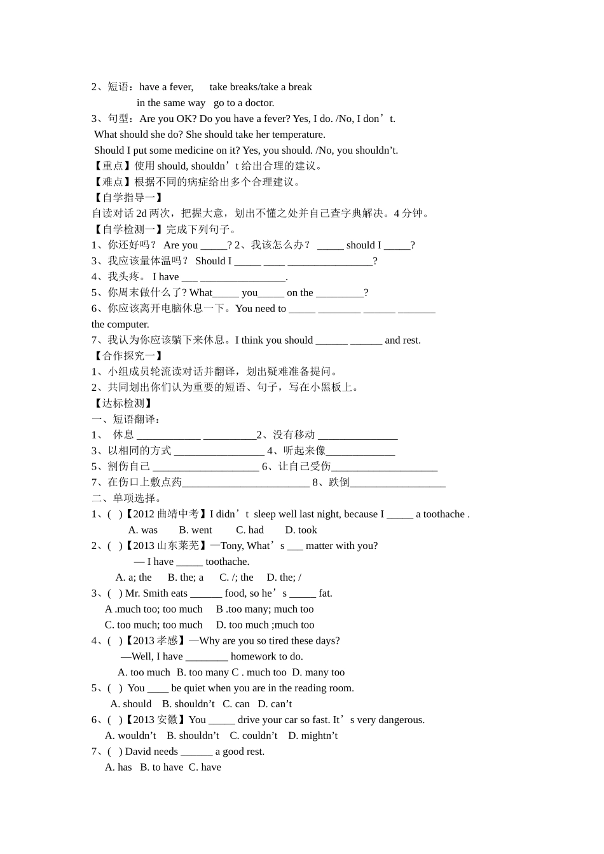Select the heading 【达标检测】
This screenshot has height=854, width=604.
[x=123, y=403]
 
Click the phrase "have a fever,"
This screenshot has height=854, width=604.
[x=166, y=87]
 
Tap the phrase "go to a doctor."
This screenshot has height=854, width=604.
[x=244, y=103]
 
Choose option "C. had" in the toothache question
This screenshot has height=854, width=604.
[x=249, y=530]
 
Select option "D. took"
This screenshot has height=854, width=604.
[x=301, y=530]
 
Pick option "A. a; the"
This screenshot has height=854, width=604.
[x=134, y=578]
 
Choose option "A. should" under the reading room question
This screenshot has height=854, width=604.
[x=131, y=704]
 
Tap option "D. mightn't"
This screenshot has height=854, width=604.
[x=313, y=736]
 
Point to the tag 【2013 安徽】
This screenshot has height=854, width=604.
[x=156, y=720]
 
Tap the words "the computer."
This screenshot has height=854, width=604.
[x=120, y=325]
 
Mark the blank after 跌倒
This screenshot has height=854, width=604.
[x=397, y=483]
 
